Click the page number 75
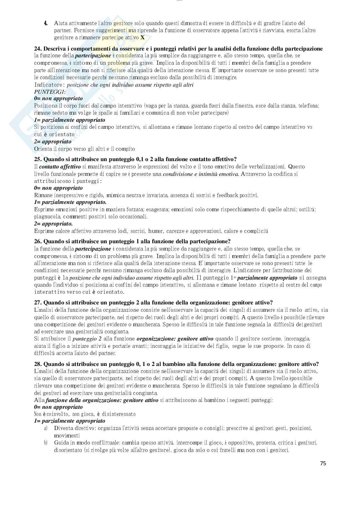coord(323,463)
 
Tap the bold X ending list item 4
coord(142,38)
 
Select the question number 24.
coord(38,49)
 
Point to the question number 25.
coord(38,159)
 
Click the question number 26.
coord(38,241)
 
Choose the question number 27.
coord(38,303)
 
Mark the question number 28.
coord(38,364)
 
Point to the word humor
coord(156,231)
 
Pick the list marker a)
coord(46,428)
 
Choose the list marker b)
coord(46,443)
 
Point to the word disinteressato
coord(119,414)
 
